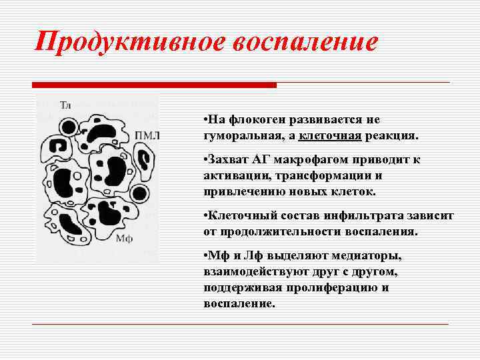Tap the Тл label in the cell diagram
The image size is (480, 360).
(65, 105)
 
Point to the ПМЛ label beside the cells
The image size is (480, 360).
(147, 135)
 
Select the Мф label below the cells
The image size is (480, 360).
(124, 238)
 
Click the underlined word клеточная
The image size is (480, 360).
(331, 136)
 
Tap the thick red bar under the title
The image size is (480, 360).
(154, 85)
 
